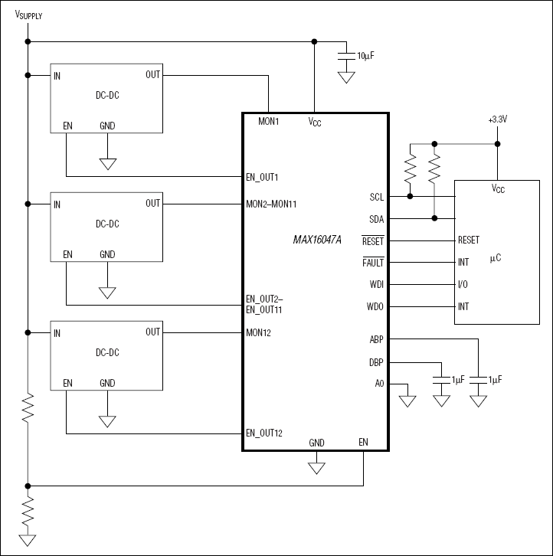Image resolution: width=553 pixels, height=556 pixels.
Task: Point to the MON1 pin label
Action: click(x=268, y=121)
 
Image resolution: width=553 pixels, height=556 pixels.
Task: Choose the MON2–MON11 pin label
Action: click(x=273, y=204)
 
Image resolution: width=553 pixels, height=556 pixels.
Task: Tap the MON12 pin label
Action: click(x=260, y=333)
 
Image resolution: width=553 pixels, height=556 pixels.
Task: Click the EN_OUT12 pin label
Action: click(x=265, y=433)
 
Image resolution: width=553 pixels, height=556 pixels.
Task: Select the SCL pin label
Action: click(x=376, y=197)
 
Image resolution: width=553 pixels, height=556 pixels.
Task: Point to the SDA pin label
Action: click(x=376, y=219)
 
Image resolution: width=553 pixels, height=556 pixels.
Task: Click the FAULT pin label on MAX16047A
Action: click(x=373, y=263)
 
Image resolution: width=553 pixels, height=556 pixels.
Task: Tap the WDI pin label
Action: click(x=376, y=285)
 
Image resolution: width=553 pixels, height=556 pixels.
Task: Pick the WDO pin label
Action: click(x=375, y=307)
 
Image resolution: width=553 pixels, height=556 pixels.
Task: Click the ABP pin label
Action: click(x=376, y=339)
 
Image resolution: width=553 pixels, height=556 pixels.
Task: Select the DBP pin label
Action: click(x=376, y=362)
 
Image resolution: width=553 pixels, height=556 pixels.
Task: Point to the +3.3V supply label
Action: click(x=497, y=120)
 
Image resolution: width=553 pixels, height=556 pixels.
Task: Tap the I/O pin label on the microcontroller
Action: click(x=463, y=285)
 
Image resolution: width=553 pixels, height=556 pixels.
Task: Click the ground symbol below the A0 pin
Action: click(x=407, y=400)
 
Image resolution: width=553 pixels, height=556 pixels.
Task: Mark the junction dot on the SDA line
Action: click(x=434, y=218)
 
